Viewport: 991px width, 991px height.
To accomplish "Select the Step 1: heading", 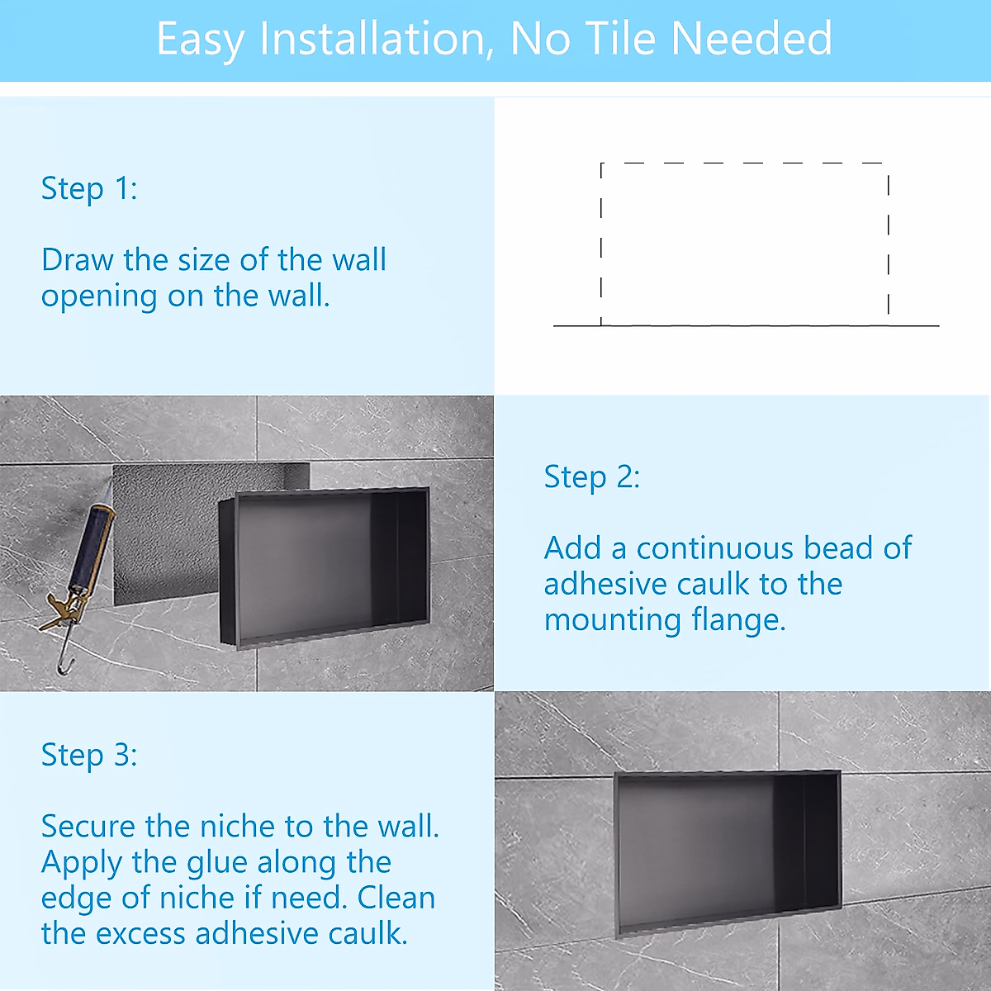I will click(x=89, y=188).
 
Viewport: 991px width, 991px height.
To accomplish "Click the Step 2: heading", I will click(x=591, y=477).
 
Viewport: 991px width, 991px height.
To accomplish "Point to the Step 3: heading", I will click(x=89, y=755).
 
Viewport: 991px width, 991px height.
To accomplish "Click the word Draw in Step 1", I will click(x=77, y=260).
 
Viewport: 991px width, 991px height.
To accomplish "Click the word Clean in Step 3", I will click(x=396, y=898).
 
